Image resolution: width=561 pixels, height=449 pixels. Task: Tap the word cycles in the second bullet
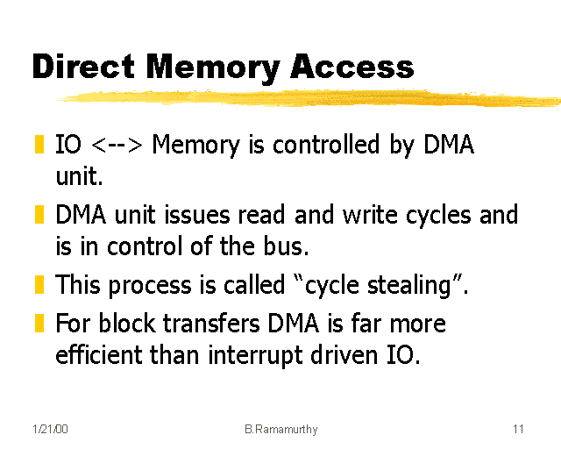441,216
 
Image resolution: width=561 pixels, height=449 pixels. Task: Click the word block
121,324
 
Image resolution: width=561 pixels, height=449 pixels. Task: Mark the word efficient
96,356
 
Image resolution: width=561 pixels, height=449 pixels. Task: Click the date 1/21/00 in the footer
49,430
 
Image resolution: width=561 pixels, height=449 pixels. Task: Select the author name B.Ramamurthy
280,430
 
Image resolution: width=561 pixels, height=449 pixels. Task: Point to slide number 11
518,430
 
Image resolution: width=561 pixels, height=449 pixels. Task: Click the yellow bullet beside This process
39,285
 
